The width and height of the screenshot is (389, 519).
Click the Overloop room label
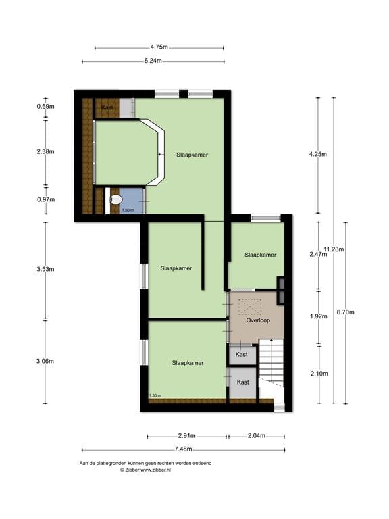coord(258,320)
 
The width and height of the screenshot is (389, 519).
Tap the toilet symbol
coord(115,200)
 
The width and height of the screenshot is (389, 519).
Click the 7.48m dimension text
coord(183,449)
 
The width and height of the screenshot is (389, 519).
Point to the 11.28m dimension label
coord(334,249)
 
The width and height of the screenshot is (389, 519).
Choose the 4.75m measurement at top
coord(159,47)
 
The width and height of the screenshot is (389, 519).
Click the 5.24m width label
coord(153,61)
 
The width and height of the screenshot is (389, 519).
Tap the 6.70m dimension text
coord(345,312)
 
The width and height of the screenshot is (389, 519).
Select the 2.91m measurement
coord(187,435)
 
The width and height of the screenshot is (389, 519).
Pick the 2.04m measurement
coord(256,435)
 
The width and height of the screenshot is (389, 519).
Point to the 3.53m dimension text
coord(46,269)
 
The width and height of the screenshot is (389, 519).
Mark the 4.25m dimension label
coord(317,154)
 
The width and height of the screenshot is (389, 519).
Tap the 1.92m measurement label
coord(317,315)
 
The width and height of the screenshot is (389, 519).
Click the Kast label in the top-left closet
coord(107,107)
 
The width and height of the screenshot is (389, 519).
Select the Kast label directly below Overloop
coord(242,354)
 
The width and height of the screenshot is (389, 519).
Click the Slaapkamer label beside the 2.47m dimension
coord(260,255)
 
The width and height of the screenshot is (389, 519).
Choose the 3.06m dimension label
coord(46,361)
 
